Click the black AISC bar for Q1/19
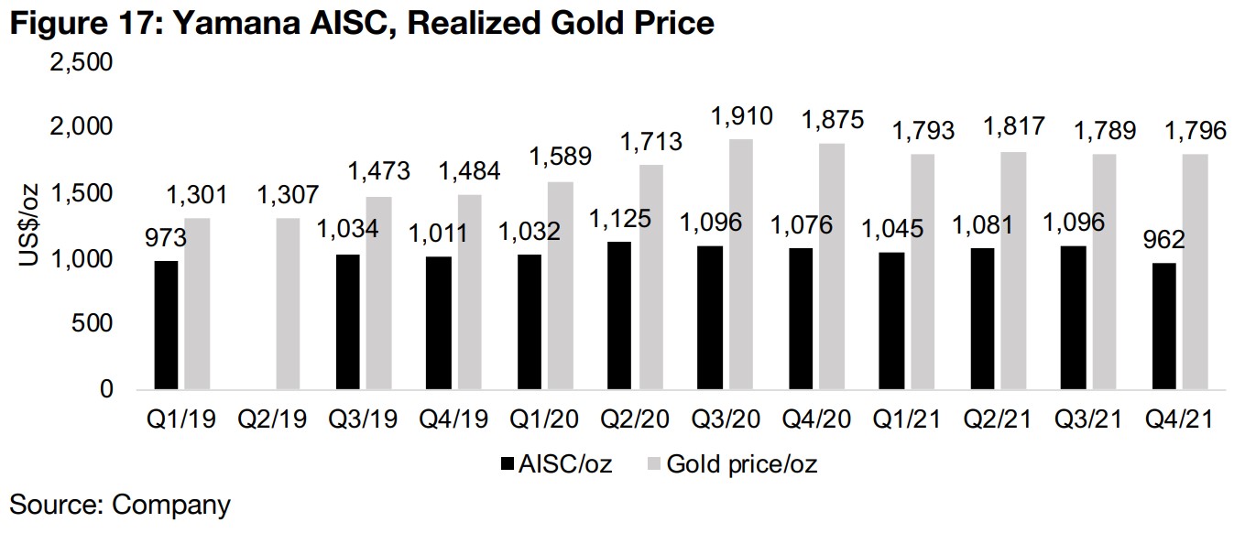click(x=166, y=325)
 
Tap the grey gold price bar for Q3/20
click(x=740, y=265)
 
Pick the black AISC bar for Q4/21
click(x=1164, y=326)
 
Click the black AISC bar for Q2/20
click(x=619, y=315)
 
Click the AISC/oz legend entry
click(x=557, y=464)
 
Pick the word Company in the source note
click(x=171, y=505)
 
